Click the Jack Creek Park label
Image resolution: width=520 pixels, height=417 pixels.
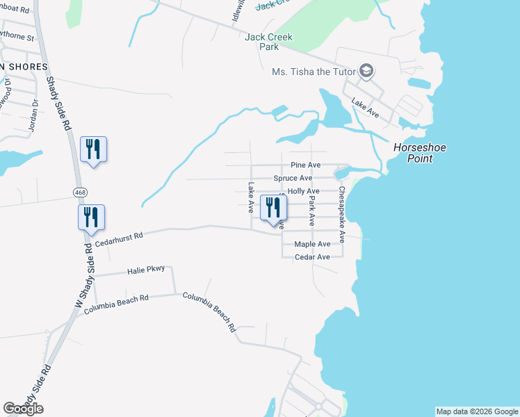click(x=268, y=42)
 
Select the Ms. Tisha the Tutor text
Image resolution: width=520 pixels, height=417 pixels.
click(x=313, y=72)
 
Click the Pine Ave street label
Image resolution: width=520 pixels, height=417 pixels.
click(x=305, y=165)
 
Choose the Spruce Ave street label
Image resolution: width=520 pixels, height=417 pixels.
click(x=293, y=179)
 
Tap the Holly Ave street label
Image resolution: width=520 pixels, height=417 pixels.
click(x=303, y=191)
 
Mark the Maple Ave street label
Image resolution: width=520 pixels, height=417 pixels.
click(x=312, y=245)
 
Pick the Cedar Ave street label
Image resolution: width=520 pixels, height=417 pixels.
click(x=312, y=257)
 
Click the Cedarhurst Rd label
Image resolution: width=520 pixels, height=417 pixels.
click(x=119, y=239)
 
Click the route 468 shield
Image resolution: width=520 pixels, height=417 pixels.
click(x=81, y=190)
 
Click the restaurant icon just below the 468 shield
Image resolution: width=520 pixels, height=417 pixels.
click(x=91, y=217)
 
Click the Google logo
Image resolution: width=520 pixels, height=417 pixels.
click(x=23, y=409)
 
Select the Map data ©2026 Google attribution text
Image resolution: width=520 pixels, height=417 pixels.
click(x=477, y=411)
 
